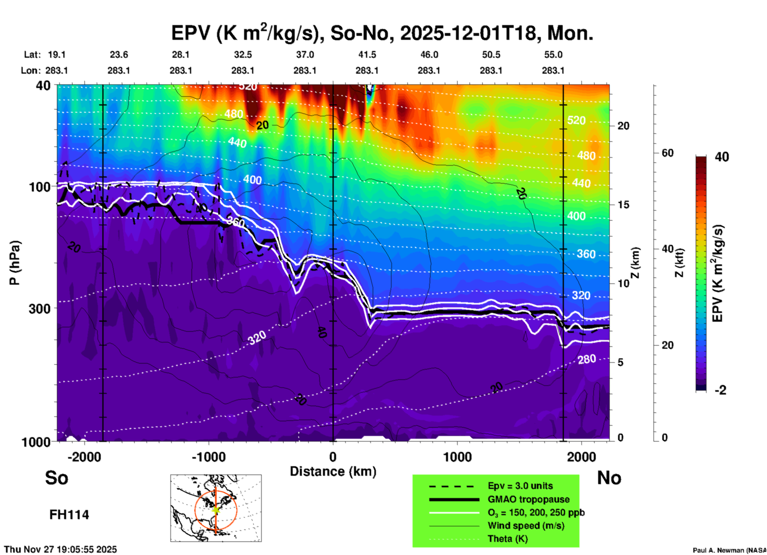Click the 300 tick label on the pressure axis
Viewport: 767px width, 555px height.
point(39,309)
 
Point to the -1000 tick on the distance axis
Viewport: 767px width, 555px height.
point(208,457)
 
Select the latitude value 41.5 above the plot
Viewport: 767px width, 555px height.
point(367,55)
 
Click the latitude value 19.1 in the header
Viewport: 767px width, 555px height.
point(57,55)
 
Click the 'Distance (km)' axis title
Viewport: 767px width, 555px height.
point(333,471)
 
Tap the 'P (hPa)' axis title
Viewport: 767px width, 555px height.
point(15,263)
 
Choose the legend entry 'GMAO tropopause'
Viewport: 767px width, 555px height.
point(528,499)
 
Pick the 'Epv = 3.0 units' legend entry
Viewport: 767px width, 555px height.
point(520,486)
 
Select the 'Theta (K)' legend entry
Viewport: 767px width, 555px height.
point(507,539)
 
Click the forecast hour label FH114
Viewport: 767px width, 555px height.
point(69,515)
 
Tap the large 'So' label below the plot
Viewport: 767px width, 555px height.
point(57,478)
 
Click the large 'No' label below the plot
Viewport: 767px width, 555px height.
point(609,478)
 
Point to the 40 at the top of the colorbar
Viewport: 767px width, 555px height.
point(722,157)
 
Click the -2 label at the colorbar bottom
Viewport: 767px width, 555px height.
point(720,390)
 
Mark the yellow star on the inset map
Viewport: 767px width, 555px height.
point(216,510)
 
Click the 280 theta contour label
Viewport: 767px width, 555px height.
point(587,360)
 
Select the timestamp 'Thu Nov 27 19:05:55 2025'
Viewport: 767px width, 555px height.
point(61,549)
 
